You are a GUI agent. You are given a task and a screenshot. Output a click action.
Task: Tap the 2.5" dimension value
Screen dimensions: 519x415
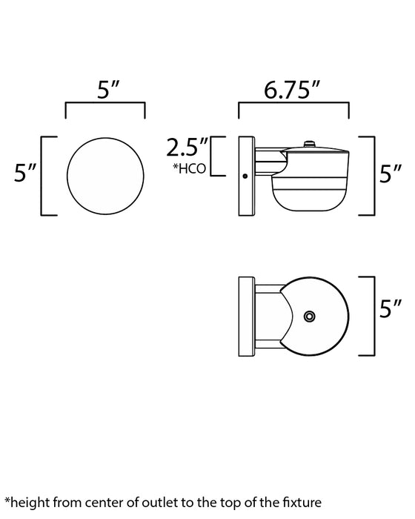pyautogui.click(x=187, y=145)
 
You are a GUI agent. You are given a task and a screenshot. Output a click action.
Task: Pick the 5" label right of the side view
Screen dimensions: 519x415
pyautogui.click(x=391, y=175)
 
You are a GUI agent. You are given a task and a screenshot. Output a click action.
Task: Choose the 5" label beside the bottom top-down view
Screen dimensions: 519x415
pyautogui.click(x=391, y=305)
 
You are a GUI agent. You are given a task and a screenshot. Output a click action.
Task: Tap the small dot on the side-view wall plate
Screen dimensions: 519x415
pyautogui.click(x=245, y=176)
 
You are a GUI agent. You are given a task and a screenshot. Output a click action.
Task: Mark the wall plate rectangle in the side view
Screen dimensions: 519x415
pyautogui.click(x=245, y=176)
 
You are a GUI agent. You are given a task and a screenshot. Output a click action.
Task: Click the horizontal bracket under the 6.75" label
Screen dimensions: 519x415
pyautogui.click(x=293, y=106)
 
